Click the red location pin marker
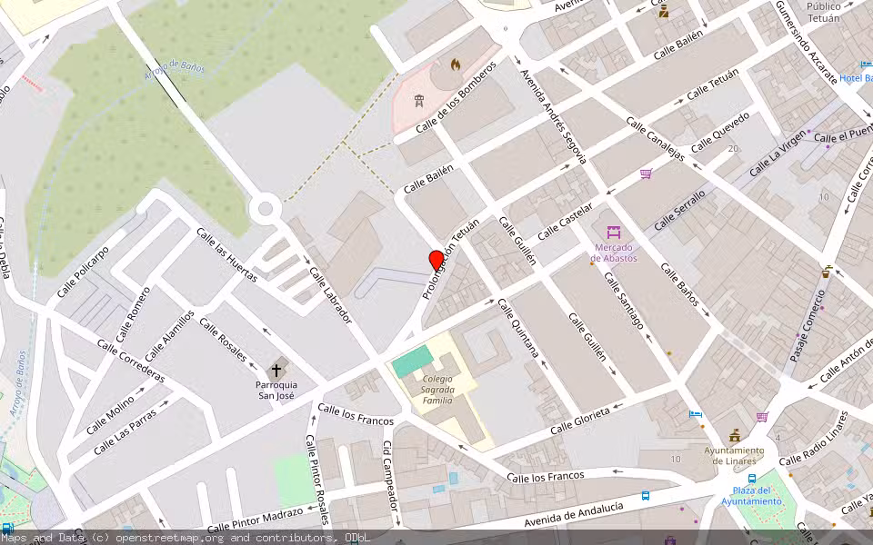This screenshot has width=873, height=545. point(436,261)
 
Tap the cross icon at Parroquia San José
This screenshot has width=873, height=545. point(276,371)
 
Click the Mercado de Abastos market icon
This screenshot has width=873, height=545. point(614,233)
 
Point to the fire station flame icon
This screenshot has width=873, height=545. point(456,64)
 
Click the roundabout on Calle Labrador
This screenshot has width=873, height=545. point(266,209)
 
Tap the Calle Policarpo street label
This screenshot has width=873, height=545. point(83,271)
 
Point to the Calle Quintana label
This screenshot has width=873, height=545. point(518,327)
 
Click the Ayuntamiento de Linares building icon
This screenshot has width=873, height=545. point(734,436)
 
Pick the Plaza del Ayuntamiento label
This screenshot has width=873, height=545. point(752,496)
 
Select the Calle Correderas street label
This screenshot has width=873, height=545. point(131,361)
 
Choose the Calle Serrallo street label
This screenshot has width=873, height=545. point(679,209)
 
